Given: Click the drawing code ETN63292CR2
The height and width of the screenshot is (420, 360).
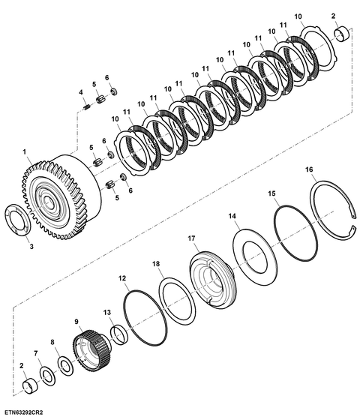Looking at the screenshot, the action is [x=24, y=412].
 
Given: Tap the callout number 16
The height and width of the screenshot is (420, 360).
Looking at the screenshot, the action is [x=309, y=169].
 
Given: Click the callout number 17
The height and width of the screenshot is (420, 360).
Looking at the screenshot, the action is [x=191, y=238].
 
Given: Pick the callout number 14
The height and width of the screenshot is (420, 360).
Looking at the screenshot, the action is [x=232, y=216].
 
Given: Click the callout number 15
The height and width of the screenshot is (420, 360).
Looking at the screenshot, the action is [x=271, y=193].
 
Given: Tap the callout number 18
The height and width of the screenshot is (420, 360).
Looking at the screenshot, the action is [x=156, y=264].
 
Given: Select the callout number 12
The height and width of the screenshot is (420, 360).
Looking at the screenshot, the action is [x=122, y=278].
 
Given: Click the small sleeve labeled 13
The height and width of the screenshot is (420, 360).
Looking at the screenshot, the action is [x=119, y=334].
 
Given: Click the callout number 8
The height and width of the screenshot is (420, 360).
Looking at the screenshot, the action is [x=52, y=342].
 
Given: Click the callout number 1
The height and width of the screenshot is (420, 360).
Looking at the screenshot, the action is [x=25, y=152].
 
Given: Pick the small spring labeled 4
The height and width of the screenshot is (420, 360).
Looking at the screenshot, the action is [x=86, y=107].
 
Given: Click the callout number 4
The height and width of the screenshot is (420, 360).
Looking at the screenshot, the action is [x=81, y=92].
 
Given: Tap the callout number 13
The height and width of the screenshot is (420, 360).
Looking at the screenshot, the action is [x=107, y=312].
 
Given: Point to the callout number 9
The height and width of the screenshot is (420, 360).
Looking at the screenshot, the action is [x=76, y=321].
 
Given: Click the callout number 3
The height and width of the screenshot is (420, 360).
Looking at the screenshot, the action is [x=31, y=247].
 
